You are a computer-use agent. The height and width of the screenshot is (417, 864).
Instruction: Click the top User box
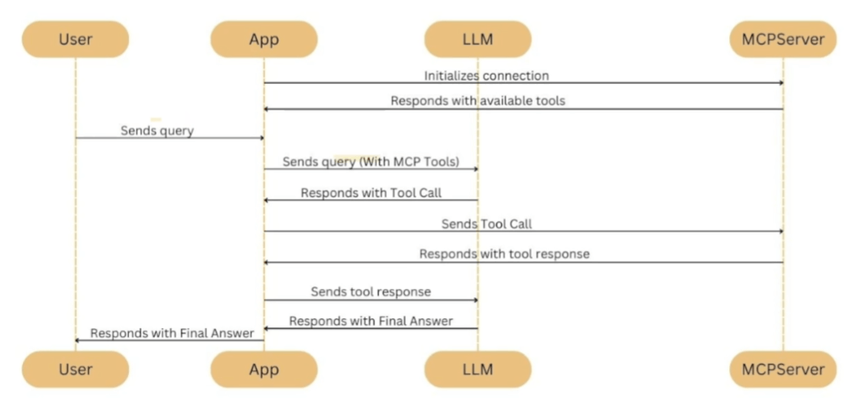click(76, 39)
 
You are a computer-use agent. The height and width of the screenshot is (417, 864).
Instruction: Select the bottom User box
click(76, 369)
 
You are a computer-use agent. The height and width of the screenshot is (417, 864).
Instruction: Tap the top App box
click(264, 39)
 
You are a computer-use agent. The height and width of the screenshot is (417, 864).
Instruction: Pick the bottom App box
click(264, 369)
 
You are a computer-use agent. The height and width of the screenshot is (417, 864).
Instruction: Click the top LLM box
click(477, 39)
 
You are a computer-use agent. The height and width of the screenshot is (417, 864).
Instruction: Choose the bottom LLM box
click(477, 369)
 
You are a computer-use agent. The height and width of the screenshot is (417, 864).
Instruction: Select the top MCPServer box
click(783, 39)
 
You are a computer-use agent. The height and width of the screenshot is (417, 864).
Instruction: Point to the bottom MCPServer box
click(783, 369)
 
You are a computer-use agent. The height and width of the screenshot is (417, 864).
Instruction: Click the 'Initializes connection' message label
click(486, 76)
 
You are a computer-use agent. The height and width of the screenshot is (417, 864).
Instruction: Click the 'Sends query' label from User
click(157, 130)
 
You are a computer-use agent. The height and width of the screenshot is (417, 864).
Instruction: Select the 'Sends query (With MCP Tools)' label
click(370, 162)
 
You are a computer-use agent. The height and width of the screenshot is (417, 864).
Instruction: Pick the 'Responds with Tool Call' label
click(371, 193)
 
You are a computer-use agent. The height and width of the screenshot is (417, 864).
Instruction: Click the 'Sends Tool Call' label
click(486, 223)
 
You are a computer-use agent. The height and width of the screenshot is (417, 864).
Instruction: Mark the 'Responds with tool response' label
click(504, 254)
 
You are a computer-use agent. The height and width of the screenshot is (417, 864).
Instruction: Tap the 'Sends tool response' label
click(371, 292)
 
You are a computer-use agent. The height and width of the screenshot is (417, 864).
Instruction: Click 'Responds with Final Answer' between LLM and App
click(371, 321)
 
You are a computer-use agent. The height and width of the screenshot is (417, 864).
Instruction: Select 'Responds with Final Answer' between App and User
click(172, 333)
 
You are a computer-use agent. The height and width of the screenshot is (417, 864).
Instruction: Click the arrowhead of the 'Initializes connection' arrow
click(780, 83)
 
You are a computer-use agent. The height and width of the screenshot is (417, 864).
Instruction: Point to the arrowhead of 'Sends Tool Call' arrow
click(780, 232)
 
